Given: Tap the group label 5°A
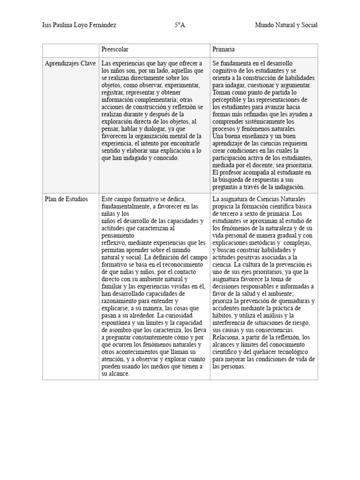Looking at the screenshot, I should click(180, 25).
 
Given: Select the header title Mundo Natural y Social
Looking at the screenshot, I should click(286, 25).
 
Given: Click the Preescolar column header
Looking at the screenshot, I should click(115, 49).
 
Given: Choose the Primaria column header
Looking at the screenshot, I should click(224, 49).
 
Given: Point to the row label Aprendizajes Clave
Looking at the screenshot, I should click(70, 63).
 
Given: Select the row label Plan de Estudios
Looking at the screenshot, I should click(66, 199).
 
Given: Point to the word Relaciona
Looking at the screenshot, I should click(226, 337).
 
